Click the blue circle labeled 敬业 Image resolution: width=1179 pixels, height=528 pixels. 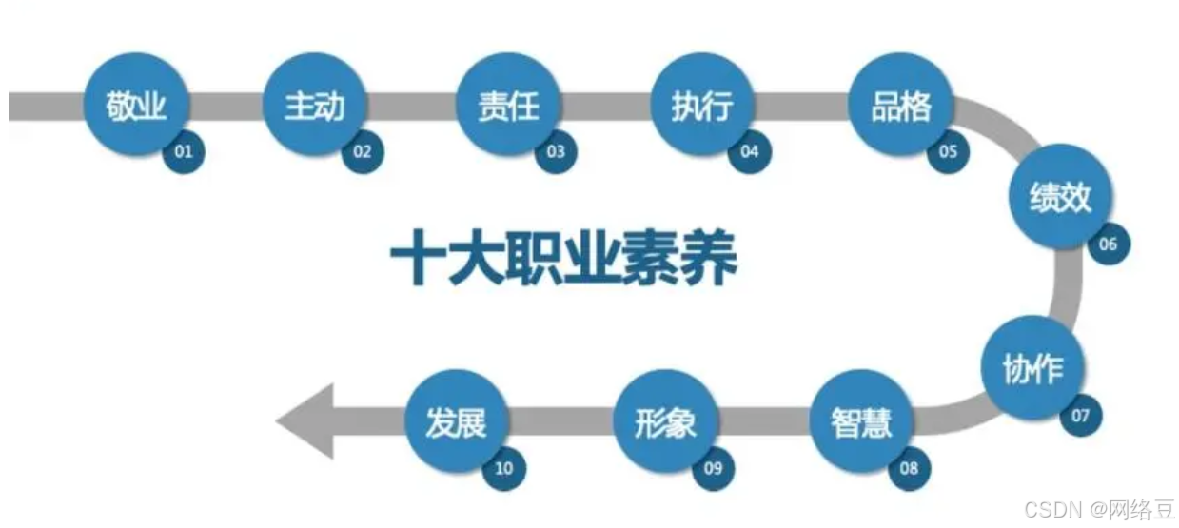pyautogui.click(x=136, y=106)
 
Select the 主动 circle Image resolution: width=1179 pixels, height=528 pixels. pyautogui.click(x=314, y=106)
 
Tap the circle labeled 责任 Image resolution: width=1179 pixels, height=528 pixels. pyautogui.click(x=508, y=106)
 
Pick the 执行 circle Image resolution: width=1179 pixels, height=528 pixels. pyautogui.click(x=702, y=106)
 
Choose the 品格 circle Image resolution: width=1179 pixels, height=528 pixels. pyautogui.click(x=900, y=106)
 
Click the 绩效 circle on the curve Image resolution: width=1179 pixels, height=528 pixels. pyautogui.click(x=1059, y=199)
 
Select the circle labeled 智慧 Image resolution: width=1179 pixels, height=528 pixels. pyautogui.click(x=861, y=422)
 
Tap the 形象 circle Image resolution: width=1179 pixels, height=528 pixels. pyautogui.click(x=665, y=422)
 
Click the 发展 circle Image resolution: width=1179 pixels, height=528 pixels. pyautogui.click(x=456, y=422)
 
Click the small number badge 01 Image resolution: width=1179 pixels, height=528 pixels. pyautogui.click(x=184, y=151)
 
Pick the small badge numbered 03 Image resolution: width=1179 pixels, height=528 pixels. pyautogui.click(x=556, y=151)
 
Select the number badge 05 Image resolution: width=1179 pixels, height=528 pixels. pyautogui.click(x=948, y=151)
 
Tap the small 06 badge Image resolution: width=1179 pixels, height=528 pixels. pyautogui.click(x=1108, y=244)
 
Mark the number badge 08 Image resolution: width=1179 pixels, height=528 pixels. pyautogui.click(x=909, y=467)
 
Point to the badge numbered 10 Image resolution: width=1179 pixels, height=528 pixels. pyautogui.click(x=503, y=467)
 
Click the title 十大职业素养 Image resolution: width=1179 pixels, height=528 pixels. pyautogui.click(x=564, y=259)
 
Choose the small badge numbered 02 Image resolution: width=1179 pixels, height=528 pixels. pyautogui.click(x=362, y=151)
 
